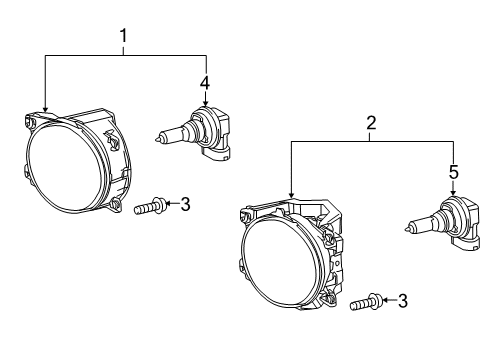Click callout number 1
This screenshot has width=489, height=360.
pos(124,36)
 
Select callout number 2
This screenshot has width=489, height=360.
pos(371,123)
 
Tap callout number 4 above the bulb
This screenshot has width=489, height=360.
pos(205,83)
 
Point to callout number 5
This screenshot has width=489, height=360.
pos(454,172)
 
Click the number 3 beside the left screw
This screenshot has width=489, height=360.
pos(185,204)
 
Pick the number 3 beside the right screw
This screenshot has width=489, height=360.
pos(403,301)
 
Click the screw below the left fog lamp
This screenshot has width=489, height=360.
pos(149,206)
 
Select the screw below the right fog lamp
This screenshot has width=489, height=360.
pos(366,302)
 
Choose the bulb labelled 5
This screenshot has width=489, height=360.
pos(443,223)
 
